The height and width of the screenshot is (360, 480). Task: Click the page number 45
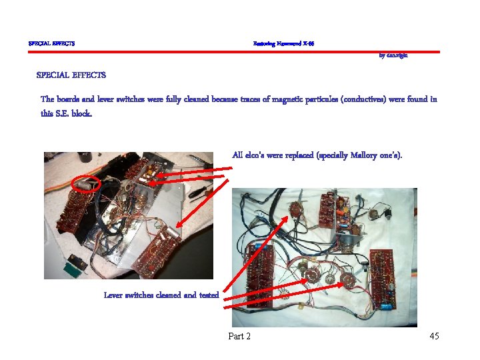434,336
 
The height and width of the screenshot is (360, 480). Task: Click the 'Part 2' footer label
239,336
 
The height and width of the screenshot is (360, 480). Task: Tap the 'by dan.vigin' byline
393,55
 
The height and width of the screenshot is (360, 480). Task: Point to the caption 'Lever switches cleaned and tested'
161,295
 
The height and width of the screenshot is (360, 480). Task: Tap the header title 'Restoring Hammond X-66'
283,43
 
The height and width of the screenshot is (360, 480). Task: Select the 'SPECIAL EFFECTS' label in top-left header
51,43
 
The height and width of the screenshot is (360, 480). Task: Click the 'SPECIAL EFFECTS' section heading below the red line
71,75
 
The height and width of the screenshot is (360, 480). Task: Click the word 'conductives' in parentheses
364,99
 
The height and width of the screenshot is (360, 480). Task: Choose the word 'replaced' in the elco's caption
302,155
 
